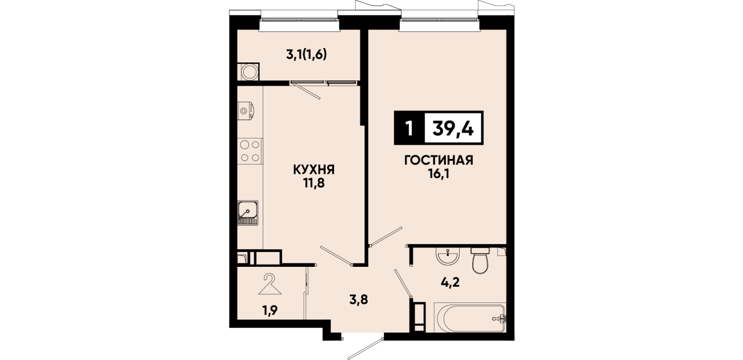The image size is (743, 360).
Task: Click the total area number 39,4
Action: pos(452,128)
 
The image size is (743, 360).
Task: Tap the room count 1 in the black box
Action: pos(409,128)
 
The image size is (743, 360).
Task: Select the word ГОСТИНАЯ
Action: pos(439,160)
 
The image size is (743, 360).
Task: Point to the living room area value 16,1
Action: pos(439,174)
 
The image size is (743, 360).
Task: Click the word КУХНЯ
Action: pos(314,170)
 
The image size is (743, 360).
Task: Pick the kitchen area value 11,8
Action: pos(314,183)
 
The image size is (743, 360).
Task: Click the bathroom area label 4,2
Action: pos(450,283)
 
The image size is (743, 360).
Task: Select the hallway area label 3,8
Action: pos(359,300)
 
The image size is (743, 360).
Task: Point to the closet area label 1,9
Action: pos(270,310)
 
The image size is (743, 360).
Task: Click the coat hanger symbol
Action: pos(270,285)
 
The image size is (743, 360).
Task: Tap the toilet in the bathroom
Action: pos(480,260)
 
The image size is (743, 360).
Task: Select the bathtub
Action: pos(470,318)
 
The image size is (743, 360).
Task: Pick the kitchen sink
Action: pos(248,213)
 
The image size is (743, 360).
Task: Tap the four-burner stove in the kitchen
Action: pos(250,151)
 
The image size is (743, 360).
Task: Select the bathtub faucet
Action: pos(500,318)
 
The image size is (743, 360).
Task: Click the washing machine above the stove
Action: pos(246,110)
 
